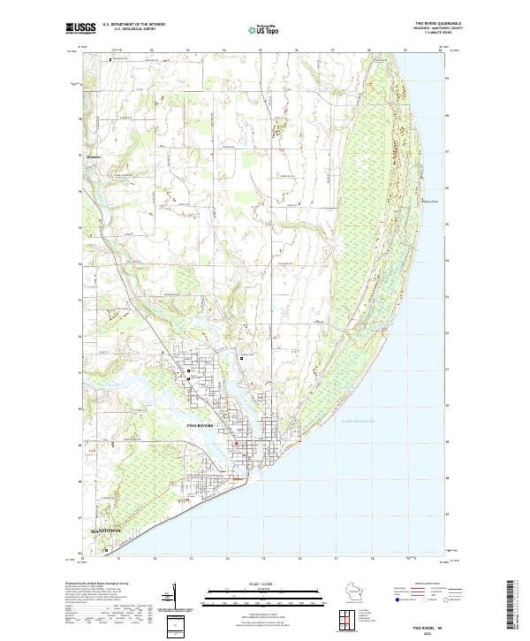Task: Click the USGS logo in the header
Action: click(81, 28)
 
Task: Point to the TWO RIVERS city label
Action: click(201, 426)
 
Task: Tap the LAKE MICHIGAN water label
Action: click(358, 423)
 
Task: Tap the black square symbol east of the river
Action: click(241, 359)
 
